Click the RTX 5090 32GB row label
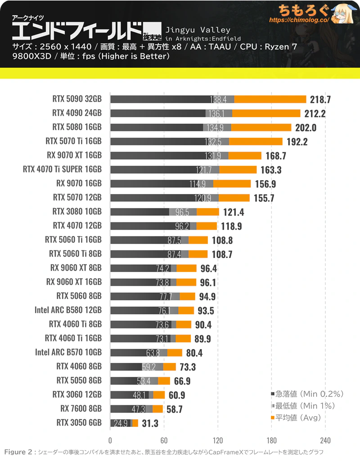click(x=77, y=99)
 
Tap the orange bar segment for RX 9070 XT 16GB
click(x=245, y=156)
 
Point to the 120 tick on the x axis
click(x=218, y=440)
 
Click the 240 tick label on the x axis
click(x=325, y=440)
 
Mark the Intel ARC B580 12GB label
click(x=68, y=310)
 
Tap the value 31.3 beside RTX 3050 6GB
click(x=148, y=423)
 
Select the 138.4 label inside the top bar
click(x=218, y=99)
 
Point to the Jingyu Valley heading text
click(x=198, y=30)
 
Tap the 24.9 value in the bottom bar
click(x=121, y=423)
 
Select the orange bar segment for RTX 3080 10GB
click(x=208, y=212)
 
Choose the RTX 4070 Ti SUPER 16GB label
click(x=62, y=170)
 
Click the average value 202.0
click(x=306, y=127)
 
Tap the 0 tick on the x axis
click(x=110, y=440)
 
